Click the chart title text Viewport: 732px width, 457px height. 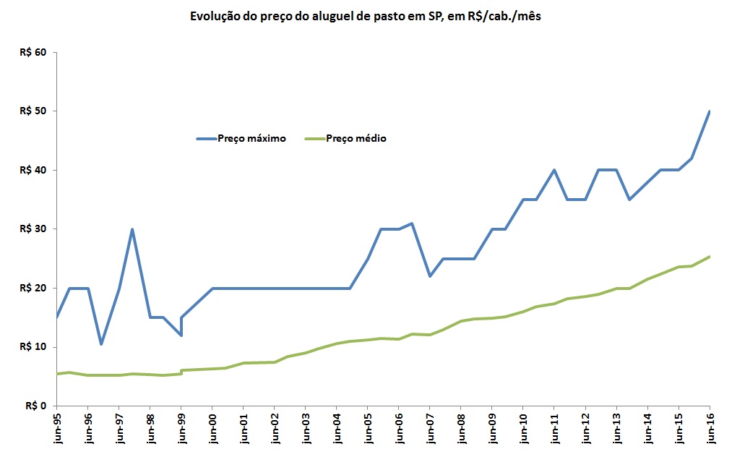365,16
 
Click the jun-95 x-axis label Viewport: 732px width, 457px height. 57,427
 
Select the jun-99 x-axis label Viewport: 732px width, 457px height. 181,427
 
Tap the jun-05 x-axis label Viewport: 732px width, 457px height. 368,427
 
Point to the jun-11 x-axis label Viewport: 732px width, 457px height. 554,427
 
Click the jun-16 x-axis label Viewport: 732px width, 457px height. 710,427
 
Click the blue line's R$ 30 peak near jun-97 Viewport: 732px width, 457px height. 132,229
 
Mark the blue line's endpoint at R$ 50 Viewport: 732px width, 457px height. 710,111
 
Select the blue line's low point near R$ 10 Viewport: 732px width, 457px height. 102,344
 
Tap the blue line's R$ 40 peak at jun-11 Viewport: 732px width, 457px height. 554,170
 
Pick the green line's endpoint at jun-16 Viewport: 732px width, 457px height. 710,257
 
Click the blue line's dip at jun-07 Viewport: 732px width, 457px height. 430,276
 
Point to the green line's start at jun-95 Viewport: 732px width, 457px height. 57,374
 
